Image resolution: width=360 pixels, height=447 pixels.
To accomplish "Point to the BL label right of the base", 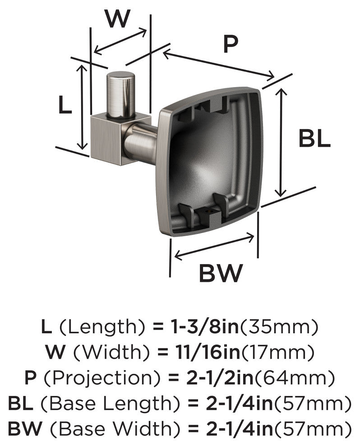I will (314, 139).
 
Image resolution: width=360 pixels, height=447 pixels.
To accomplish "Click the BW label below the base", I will (221, 273).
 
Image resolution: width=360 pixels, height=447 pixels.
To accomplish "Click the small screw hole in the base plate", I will (208, 211).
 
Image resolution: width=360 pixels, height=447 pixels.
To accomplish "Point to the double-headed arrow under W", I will (120, 42).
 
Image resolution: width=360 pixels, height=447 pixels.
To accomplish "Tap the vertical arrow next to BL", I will (282, 142).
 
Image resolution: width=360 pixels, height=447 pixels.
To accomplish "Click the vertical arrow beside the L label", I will (82, 107).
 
